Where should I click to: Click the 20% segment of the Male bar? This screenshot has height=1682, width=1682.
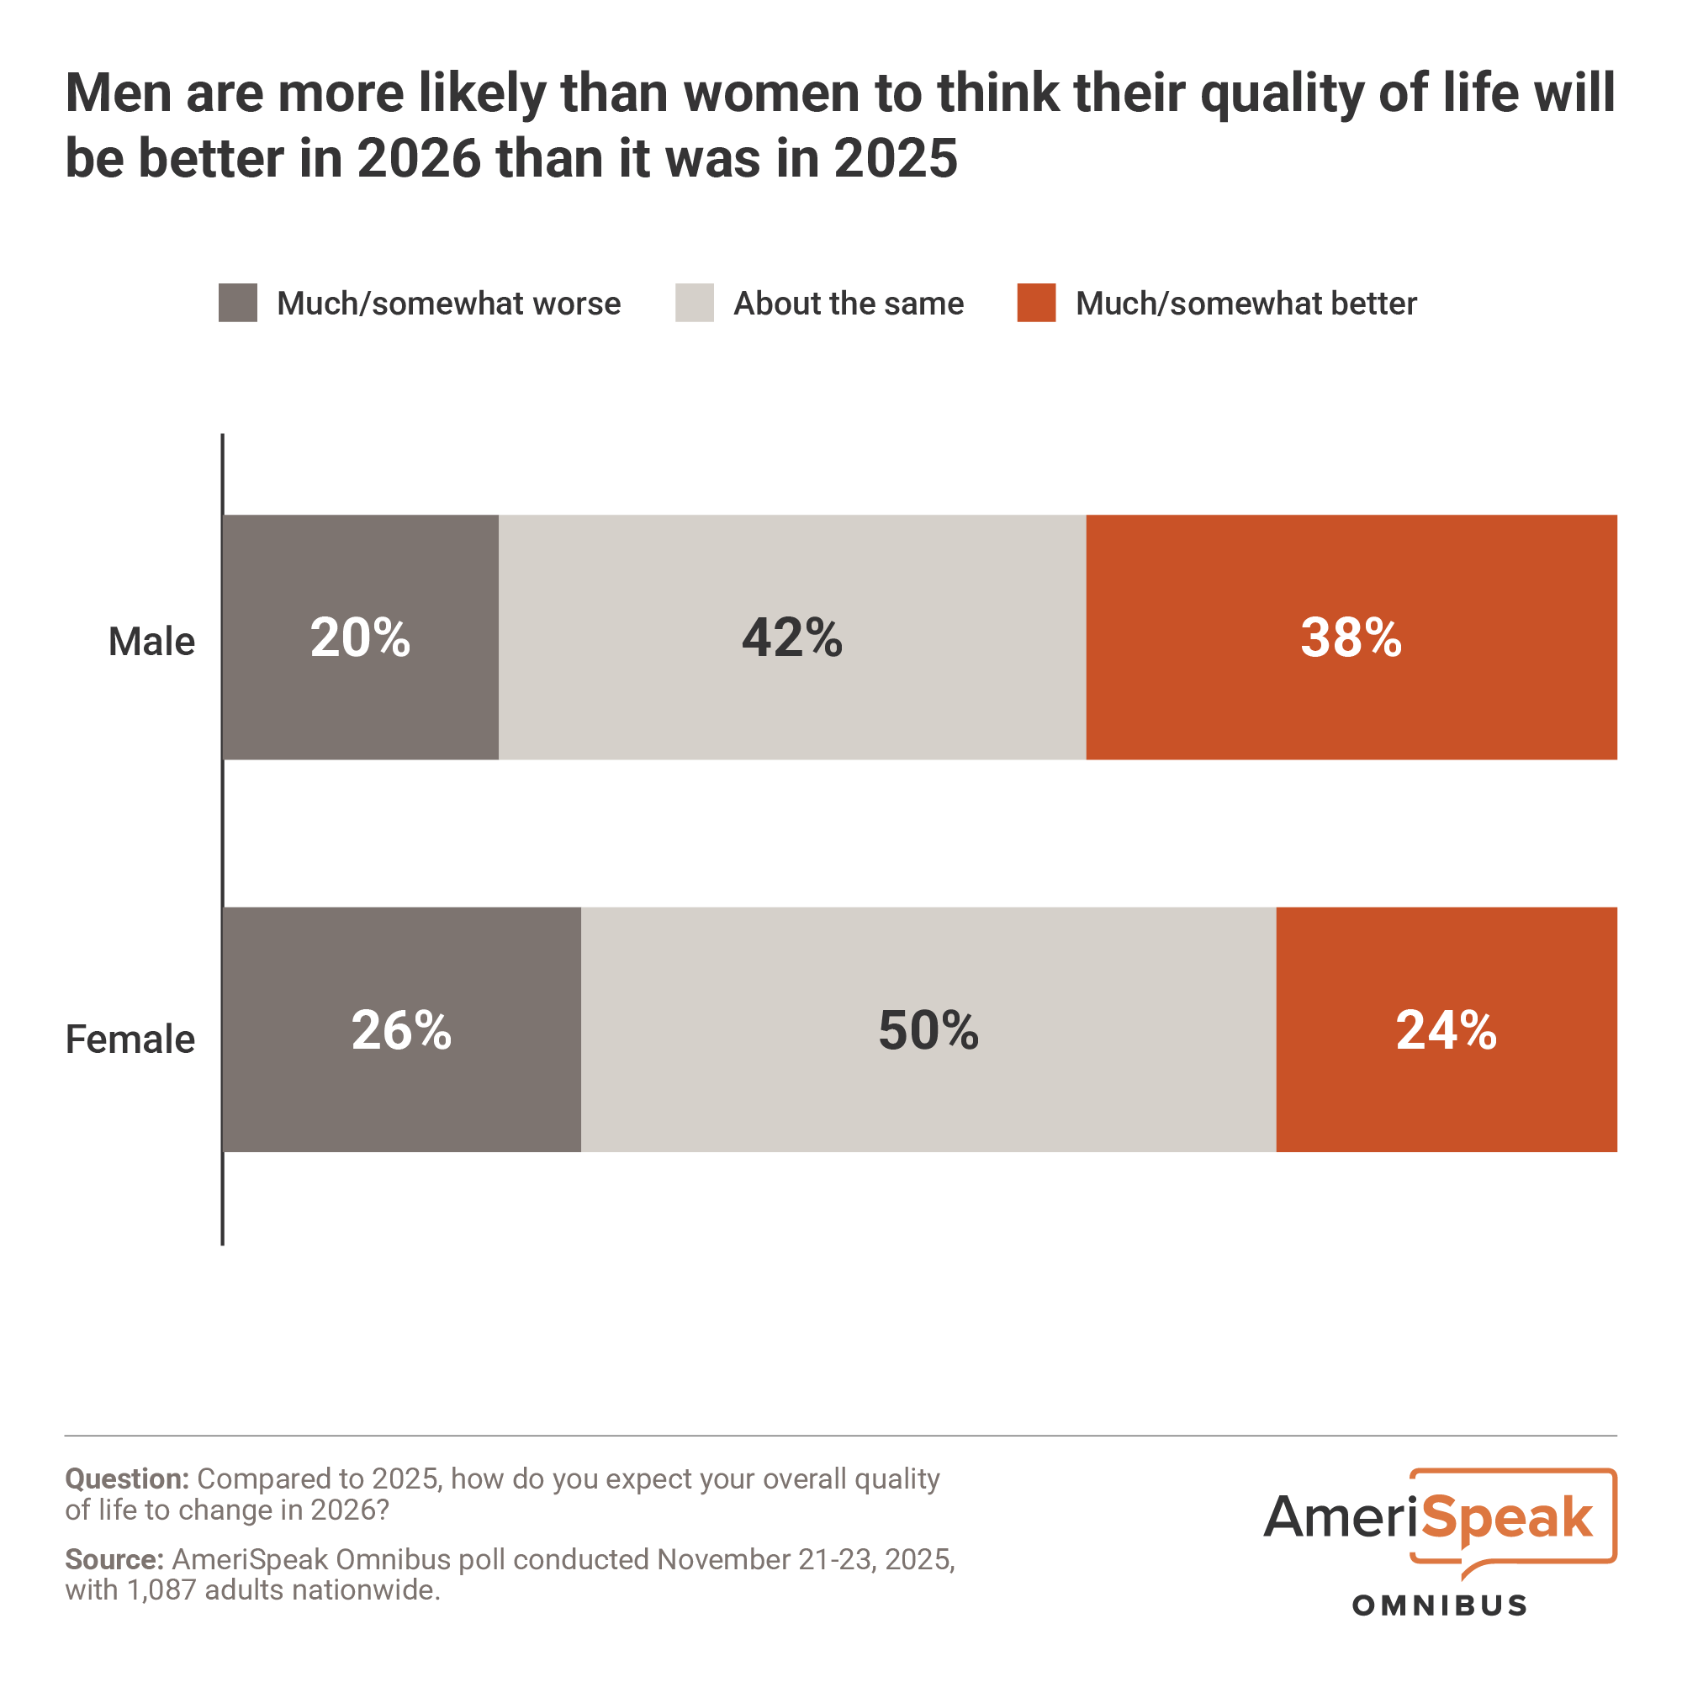(x=361, y=637)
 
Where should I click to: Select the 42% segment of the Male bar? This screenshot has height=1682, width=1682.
(x=792, y=637)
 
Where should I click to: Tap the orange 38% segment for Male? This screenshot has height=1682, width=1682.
(x=1351, y=637)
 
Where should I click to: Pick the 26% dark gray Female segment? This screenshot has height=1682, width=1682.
(x=401, y=1030)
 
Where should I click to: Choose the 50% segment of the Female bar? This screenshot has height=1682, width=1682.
(x=928, y=1030)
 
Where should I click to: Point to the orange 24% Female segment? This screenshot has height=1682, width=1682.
(x=1446, y=1030)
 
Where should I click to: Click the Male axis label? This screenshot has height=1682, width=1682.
(x=151, y=642)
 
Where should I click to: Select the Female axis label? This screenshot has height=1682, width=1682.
(x=130, y=1039)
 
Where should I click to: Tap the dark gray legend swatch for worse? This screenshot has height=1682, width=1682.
(x=238, y=303)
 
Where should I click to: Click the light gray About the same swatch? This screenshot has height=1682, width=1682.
(x=694, y=303)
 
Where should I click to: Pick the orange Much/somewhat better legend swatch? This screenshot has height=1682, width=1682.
(x=1036, y=303)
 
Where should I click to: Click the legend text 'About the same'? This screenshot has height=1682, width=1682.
(x=849, y=304)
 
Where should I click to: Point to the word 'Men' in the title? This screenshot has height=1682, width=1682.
(x=118, y=93)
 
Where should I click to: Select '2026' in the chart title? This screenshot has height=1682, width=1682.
(x=419, y=159)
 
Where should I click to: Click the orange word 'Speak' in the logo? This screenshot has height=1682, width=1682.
(x=1510, y=1519)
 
